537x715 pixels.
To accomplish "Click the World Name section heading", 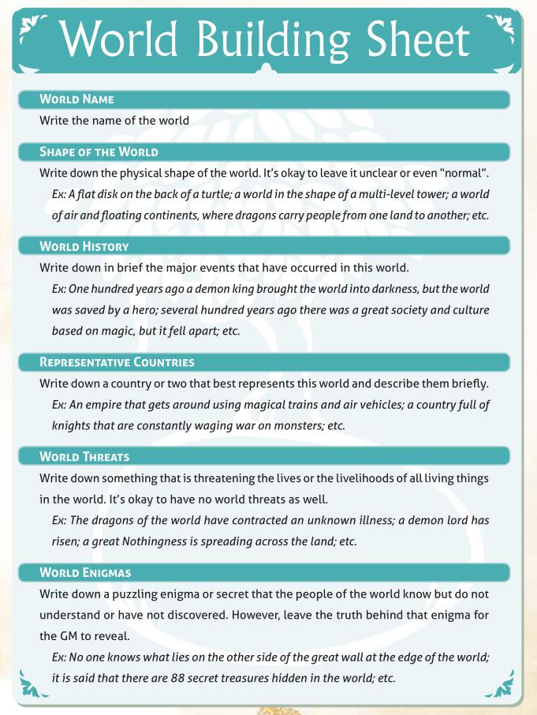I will click(77, 99).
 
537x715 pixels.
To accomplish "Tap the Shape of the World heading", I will click(99, 152).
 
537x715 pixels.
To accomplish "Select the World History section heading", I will click(84, 246).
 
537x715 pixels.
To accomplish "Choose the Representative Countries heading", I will click(117, 362).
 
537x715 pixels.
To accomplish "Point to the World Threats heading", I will click(85, 457).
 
